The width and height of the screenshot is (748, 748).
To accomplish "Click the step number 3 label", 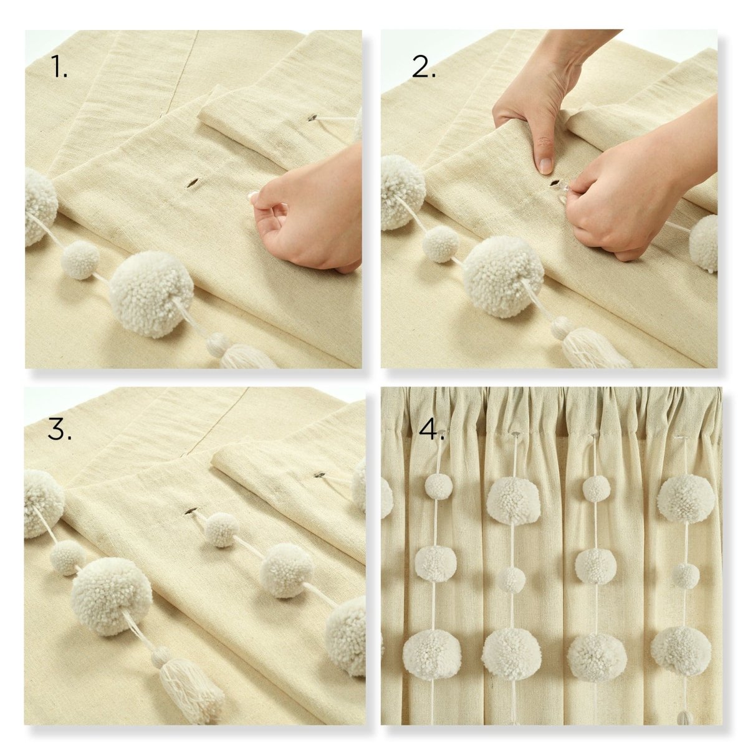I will (59, 429).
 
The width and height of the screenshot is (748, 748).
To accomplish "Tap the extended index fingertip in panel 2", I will (545, 165).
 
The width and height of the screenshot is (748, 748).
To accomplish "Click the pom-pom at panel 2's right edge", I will (704, 243).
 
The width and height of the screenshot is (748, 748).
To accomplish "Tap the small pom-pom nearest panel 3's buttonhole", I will (222, 530).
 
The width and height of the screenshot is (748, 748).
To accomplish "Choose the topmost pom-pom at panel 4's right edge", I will (684, 499).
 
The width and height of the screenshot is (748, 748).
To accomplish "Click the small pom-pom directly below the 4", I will (439, 486).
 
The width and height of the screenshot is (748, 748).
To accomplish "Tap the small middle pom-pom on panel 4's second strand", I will (512, 580).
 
